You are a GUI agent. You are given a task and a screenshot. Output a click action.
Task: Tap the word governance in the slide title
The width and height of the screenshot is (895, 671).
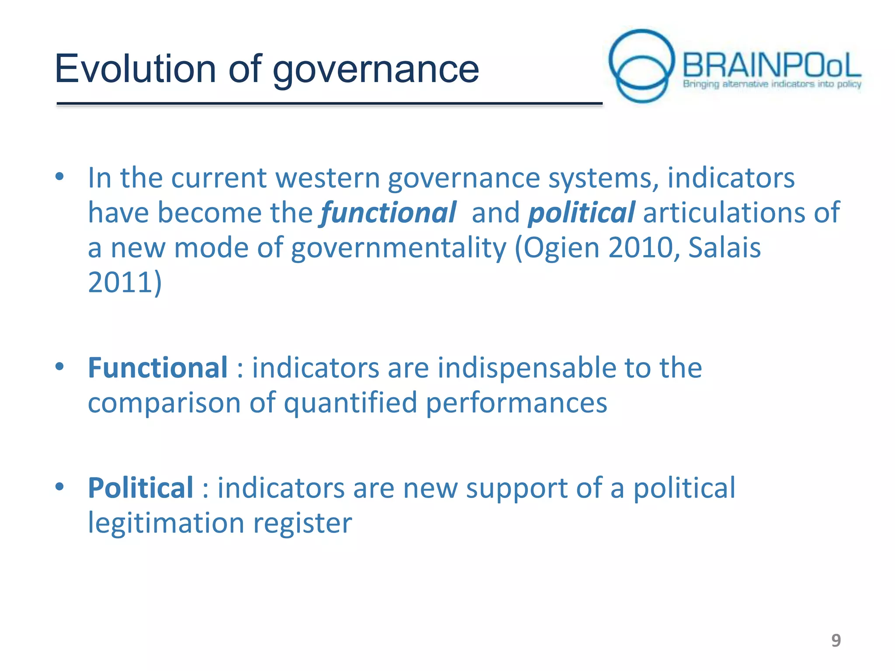(376, 70)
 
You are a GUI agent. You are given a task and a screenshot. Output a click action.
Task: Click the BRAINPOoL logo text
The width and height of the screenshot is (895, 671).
(771, 66)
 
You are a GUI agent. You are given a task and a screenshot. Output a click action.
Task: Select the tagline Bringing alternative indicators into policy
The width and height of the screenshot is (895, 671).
(772, 84)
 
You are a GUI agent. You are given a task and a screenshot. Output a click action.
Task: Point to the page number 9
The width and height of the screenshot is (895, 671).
(836, 640)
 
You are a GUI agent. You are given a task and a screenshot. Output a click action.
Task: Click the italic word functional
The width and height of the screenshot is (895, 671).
(388, 213)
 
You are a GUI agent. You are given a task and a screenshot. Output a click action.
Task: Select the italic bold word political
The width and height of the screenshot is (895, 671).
(581, 213)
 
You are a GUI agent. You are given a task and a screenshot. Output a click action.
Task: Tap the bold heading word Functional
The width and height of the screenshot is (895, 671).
(158, 367)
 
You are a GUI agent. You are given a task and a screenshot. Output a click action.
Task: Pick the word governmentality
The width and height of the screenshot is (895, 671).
(398, 248)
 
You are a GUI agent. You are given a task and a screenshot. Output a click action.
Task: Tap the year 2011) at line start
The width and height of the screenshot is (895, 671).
(125, 283)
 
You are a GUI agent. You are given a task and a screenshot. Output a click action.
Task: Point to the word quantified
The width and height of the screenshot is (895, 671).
(350, 402)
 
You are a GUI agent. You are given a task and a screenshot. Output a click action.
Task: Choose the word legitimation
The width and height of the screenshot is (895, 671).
(166, 523)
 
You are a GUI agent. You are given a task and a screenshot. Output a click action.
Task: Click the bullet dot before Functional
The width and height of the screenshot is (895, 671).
(60, 367)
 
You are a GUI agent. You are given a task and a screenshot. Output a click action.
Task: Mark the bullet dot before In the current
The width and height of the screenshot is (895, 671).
(60, 177)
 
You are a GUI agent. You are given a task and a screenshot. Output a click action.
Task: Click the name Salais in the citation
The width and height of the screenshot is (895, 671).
(724, 248)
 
